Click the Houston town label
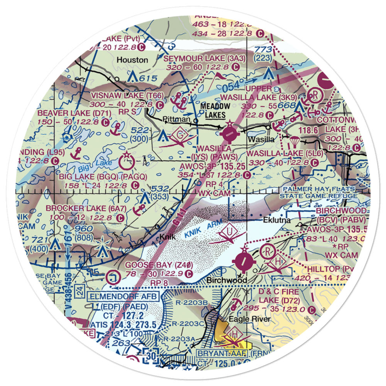coord(132,60)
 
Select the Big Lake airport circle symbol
coord(126,162)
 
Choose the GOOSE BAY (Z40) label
coord(157,266)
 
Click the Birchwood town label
coord(227,280)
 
